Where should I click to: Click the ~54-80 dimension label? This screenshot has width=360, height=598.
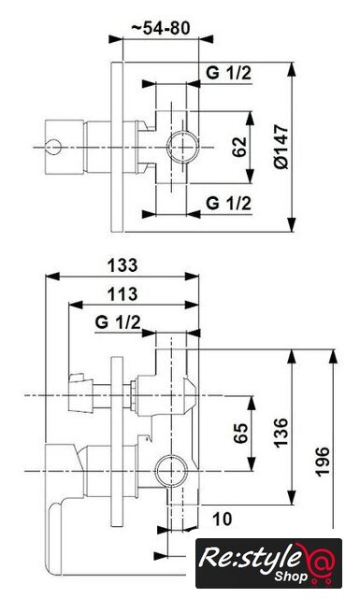(x=160, y=28)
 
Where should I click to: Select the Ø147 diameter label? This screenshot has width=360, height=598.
(x=281, y=147)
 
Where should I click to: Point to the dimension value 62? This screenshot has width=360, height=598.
(x=239, y=147)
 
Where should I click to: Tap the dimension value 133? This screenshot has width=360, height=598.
(x=122, y=265)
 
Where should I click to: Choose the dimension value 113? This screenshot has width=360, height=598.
(x=122, y=294)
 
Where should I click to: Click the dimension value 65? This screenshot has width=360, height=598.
(x=240, y=433)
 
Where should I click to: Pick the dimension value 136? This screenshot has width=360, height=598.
(x=281, y=433)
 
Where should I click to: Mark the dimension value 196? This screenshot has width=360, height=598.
(x=323, y=462)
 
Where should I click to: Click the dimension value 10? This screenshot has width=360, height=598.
(x=222, y=519)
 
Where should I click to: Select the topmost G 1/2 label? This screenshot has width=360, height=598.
(x=229, y=73)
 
